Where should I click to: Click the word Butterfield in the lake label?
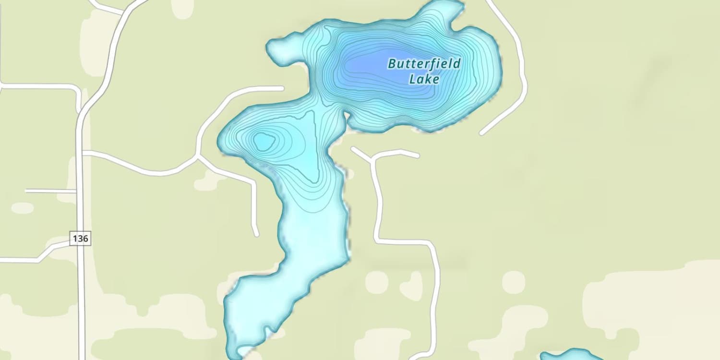(424, 64)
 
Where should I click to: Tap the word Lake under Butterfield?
(424, 79)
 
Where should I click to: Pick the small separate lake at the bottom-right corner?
(571, 356)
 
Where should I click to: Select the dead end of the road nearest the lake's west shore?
(282, 88)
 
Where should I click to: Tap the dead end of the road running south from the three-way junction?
(257, 235)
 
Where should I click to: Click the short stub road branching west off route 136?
(26, 191)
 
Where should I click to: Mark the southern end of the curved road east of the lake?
(482, 133)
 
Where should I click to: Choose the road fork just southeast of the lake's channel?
(372, 158)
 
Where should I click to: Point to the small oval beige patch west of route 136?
(22, 208)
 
